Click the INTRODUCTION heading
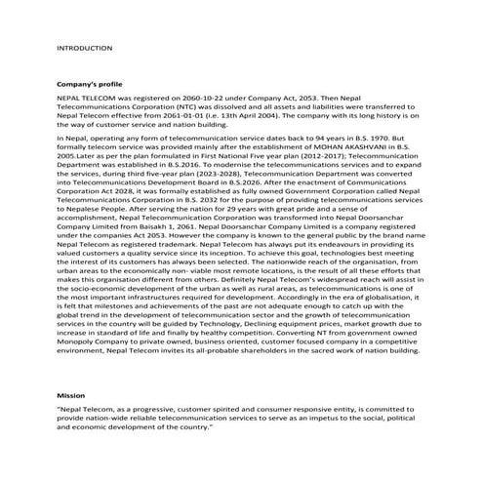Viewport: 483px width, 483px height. coord(85,48)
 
